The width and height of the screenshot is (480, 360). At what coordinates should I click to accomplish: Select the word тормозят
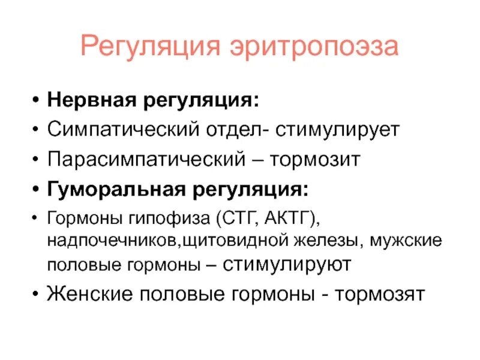click(380, 295)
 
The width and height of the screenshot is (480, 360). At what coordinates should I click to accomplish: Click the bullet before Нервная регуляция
click(37, 100)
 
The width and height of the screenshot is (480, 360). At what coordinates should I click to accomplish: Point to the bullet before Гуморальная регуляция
click(37, 191)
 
